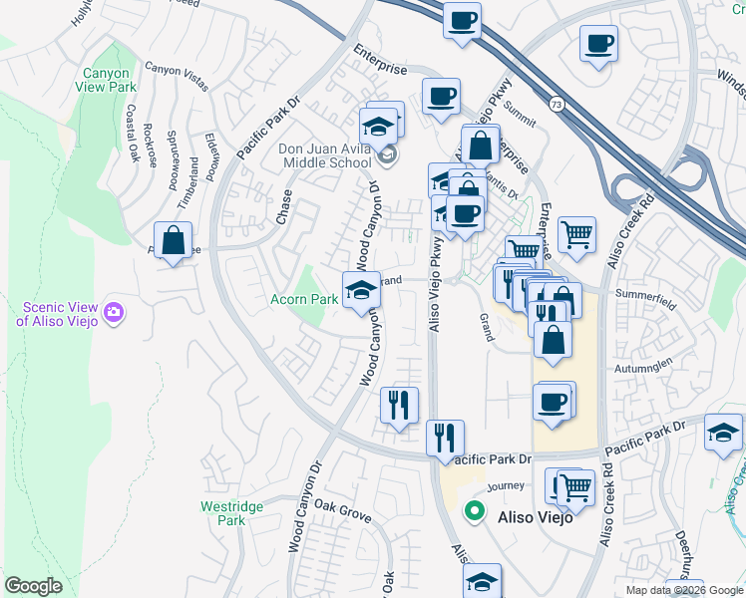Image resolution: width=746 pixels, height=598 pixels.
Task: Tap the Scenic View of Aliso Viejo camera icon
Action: tap(113, 313)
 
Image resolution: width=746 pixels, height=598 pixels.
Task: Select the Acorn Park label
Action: tap(304, 299)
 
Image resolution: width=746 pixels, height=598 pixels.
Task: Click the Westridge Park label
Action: tap(231, 513)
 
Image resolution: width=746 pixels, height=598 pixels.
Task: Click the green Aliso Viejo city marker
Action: tap(475, 514)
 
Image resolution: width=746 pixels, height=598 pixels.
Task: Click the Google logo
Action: tap(33, 586)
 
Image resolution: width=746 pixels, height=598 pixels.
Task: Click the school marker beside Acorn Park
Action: tap(361, 290)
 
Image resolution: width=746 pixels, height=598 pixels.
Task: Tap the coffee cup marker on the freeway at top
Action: tap(463, 20)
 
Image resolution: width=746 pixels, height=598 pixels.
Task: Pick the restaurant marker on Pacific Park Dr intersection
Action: tap(444, 438)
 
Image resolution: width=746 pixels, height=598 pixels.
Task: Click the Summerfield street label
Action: tap(645, 295)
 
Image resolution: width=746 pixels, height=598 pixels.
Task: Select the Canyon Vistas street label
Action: tap(177, 78)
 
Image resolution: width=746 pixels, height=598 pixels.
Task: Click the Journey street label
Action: tap(506, 485)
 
